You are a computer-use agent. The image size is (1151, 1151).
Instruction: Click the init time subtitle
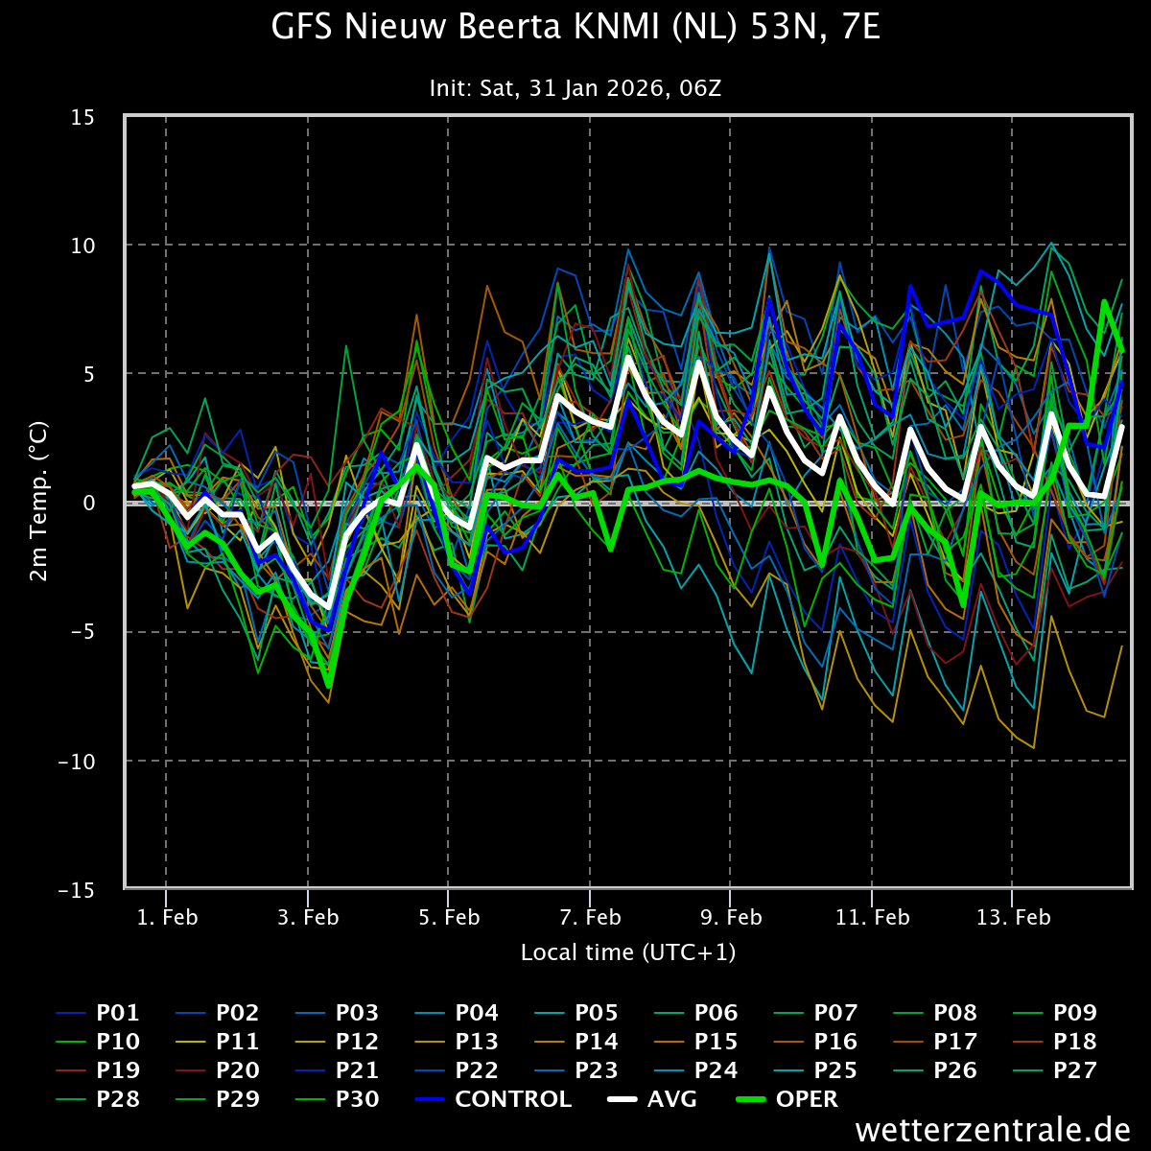point(575,89)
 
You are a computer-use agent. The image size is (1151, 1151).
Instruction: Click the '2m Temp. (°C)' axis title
point(39,502)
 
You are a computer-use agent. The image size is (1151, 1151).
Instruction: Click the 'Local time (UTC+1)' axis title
point(628,952)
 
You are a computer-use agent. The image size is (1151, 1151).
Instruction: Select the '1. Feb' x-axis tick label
point(167,918)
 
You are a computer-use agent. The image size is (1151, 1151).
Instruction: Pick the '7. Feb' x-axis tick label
point(590,918)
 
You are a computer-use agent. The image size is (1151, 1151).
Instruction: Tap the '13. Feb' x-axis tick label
point(1013,918)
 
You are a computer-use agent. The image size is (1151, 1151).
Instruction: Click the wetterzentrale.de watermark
point(993,1130)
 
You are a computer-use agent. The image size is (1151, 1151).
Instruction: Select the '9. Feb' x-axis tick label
point(731,918)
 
